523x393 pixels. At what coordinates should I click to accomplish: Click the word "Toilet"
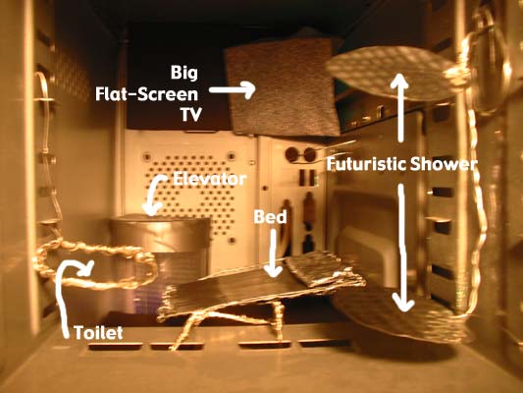(x=98, y=333)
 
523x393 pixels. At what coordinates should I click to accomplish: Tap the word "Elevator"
(x=210, y=179)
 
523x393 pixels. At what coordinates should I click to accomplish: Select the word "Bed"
(x=270, y=217)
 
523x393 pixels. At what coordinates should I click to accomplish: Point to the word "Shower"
(x=443, y=164)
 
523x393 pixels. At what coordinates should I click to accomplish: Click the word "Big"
(x=184, y=73)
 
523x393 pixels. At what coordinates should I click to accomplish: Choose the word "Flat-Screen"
(x=147, y=94)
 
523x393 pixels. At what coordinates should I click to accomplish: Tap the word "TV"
(x=191, y=115)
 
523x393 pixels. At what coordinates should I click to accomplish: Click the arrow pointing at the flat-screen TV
(x=233, y=89)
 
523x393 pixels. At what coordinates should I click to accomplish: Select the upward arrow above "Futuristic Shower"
(x=401, y=107)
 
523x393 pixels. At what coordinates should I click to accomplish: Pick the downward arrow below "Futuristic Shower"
(x=403, y=248)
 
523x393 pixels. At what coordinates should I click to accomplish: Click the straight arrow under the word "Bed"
(x=274, y=253)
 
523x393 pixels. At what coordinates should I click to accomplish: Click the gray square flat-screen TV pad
(x=283, y=87)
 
